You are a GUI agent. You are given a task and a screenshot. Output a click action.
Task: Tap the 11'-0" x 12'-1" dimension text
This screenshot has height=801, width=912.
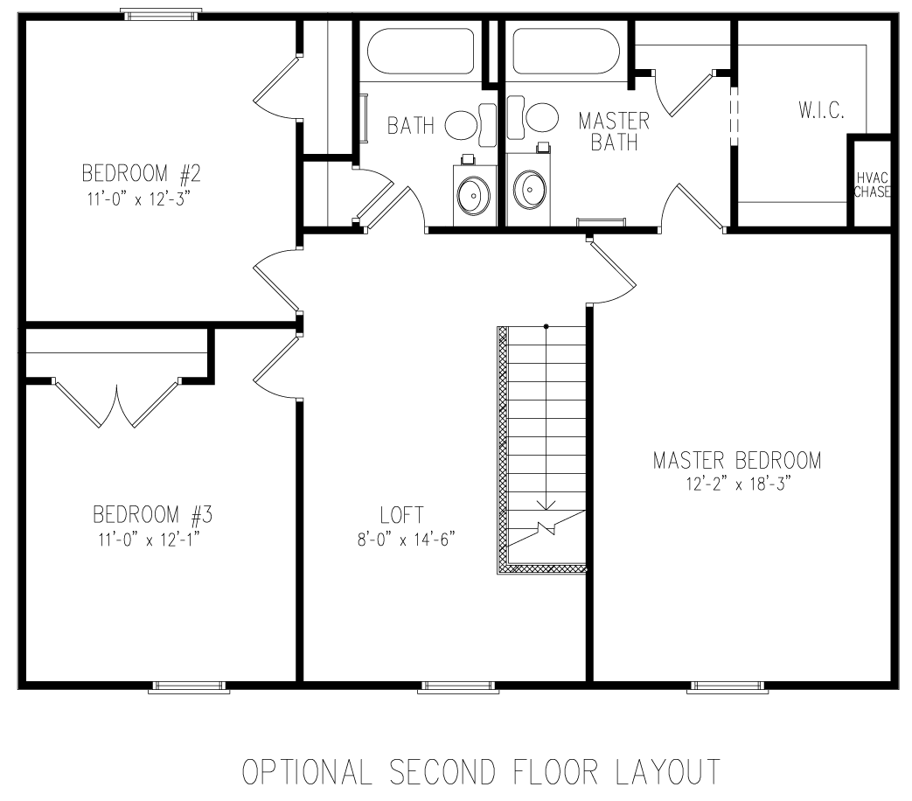point(148,540)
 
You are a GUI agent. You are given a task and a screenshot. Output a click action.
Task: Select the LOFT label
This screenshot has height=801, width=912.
point(403,515)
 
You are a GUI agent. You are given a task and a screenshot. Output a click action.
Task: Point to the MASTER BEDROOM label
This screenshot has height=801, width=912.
point(737,460)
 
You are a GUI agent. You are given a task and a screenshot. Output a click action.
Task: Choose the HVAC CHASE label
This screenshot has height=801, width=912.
point(873,185)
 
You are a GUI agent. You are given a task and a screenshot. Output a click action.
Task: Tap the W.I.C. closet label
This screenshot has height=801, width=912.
point(821,111)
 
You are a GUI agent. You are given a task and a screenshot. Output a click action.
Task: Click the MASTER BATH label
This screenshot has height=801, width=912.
point(613,131)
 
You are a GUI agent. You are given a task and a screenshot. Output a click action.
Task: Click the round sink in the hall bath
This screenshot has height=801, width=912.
point(473,192)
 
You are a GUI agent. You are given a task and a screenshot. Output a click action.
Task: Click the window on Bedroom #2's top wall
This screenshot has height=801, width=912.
point(161,14)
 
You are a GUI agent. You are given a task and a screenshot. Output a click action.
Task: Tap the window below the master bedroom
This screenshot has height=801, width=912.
point(728,686)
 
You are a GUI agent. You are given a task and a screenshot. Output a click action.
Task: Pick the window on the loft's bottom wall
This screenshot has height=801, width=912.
point(457,686)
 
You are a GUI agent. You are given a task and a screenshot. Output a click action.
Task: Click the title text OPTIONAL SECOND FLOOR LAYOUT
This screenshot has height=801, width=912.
point(481,774)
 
